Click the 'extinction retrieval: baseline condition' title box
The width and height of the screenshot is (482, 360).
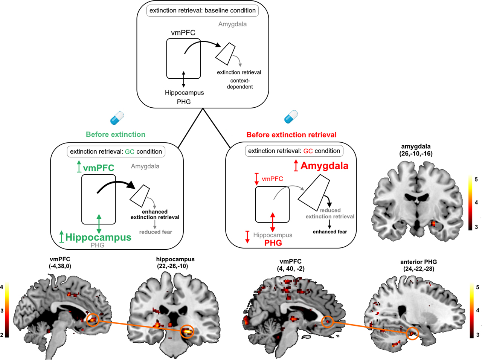point(203,11)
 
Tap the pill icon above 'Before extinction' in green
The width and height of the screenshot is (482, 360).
point(117,118)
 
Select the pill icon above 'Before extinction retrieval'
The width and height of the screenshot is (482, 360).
point(291,117)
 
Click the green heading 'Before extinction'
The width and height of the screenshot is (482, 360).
point(115,134)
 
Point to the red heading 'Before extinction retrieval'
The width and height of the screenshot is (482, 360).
point(291,135)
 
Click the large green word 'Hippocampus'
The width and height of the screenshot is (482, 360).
point(98,237)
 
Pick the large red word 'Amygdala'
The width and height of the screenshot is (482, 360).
point(324,166)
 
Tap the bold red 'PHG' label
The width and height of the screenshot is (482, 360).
point(273,243)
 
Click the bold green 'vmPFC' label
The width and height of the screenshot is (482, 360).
point(98,168)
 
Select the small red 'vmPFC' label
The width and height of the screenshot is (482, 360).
point(272,179)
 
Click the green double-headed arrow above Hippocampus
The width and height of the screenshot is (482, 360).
point(99,224)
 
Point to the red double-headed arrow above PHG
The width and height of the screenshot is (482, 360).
point(273,222)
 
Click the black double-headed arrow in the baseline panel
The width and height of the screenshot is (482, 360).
point(183,79)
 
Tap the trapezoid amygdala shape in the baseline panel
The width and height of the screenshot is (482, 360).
point(226,54)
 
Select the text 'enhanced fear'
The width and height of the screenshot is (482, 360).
point(329,232)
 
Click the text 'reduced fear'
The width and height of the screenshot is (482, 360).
point(156,232)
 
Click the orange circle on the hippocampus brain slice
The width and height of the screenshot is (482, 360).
point(188,331)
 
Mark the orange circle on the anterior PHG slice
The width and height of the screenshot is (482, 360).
point(413,334)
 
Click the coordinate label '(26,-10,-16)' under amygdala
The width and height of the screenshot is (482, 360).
point(416,154)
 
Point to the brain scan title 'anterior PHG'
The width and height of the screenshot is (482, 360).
point(418,262)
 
